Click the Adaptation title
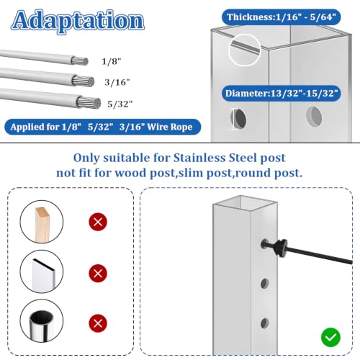click(78, 22)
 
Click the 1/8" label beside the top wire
click(112, 62)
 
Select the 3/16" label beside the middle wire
click(117, 83)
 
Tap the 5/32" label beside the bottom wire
click(120, 104)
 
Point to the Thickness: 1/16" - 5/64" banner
click(281, 17)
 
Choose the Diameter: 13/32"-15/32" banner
click(282, 93)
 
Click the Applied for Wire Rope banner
click(102, 127)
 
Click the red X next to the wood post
click(98, 222)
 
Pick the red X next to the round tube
click(98, 323)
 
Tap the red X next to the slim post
click(98, 274)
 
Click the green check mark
click(330, 337)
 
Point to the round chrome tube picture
click(42, 323)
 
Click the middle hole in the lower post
click(265, 284)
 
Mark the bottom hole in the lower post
click(265, 323)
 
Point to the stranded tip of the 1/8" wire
click(81, 61)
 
